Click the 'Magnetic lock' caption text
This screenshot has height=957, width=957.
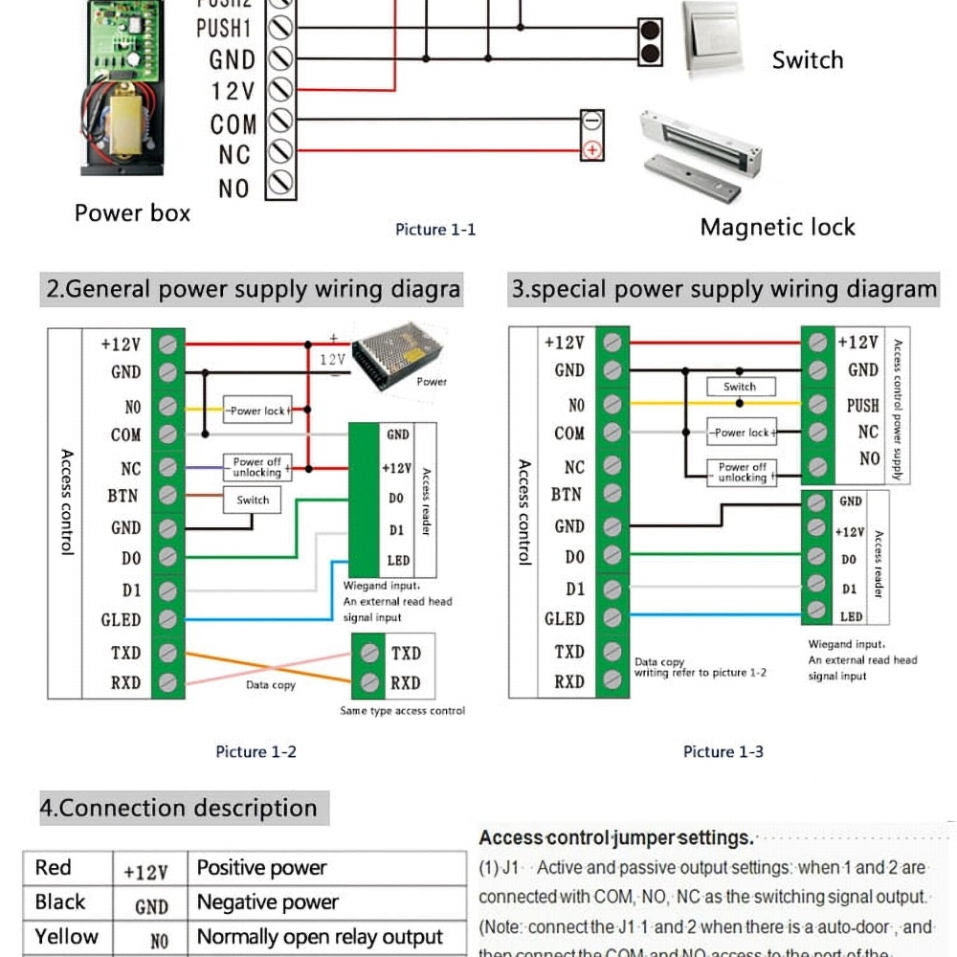coord(777,228)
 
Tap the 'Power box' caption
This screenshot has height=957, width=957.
coord(132,213)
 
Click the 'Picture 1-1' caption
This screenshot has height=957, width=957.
coord(434,230)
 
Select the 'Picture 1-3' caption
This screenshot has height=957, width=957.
coord(723,752)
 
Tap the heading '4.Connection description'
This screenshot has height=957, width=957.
coord(178,808)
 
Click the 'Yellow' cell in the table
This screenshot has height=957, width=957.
coord(66,937)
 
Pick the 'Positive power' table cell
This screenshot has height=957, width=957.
coord(261,869)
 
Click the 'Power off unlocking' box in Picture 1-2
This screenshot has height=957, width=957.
coord(256,467)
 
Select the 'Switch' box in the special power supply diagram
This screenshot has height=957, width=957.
coord(739,388)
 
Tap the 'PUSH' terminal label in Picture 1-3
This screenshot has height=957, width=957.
coord(862,405)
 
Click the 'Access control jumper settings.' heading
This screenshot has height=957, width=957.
coord(616,838)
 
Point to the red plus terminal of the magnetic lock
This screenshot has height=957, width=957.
coord(592,149)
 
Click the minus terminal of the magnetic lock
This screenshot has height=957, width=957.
coord(592,122)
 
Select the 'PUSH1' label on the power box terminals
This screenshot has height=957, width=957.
coord(225,29)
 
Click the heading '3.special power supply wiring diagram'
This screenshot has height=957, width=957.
coord(723,290)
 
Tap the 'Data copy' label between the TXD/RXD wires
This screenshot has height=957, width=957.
coord(271,685)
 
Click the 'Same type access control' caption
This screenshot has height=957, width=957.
coord(402,711)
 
